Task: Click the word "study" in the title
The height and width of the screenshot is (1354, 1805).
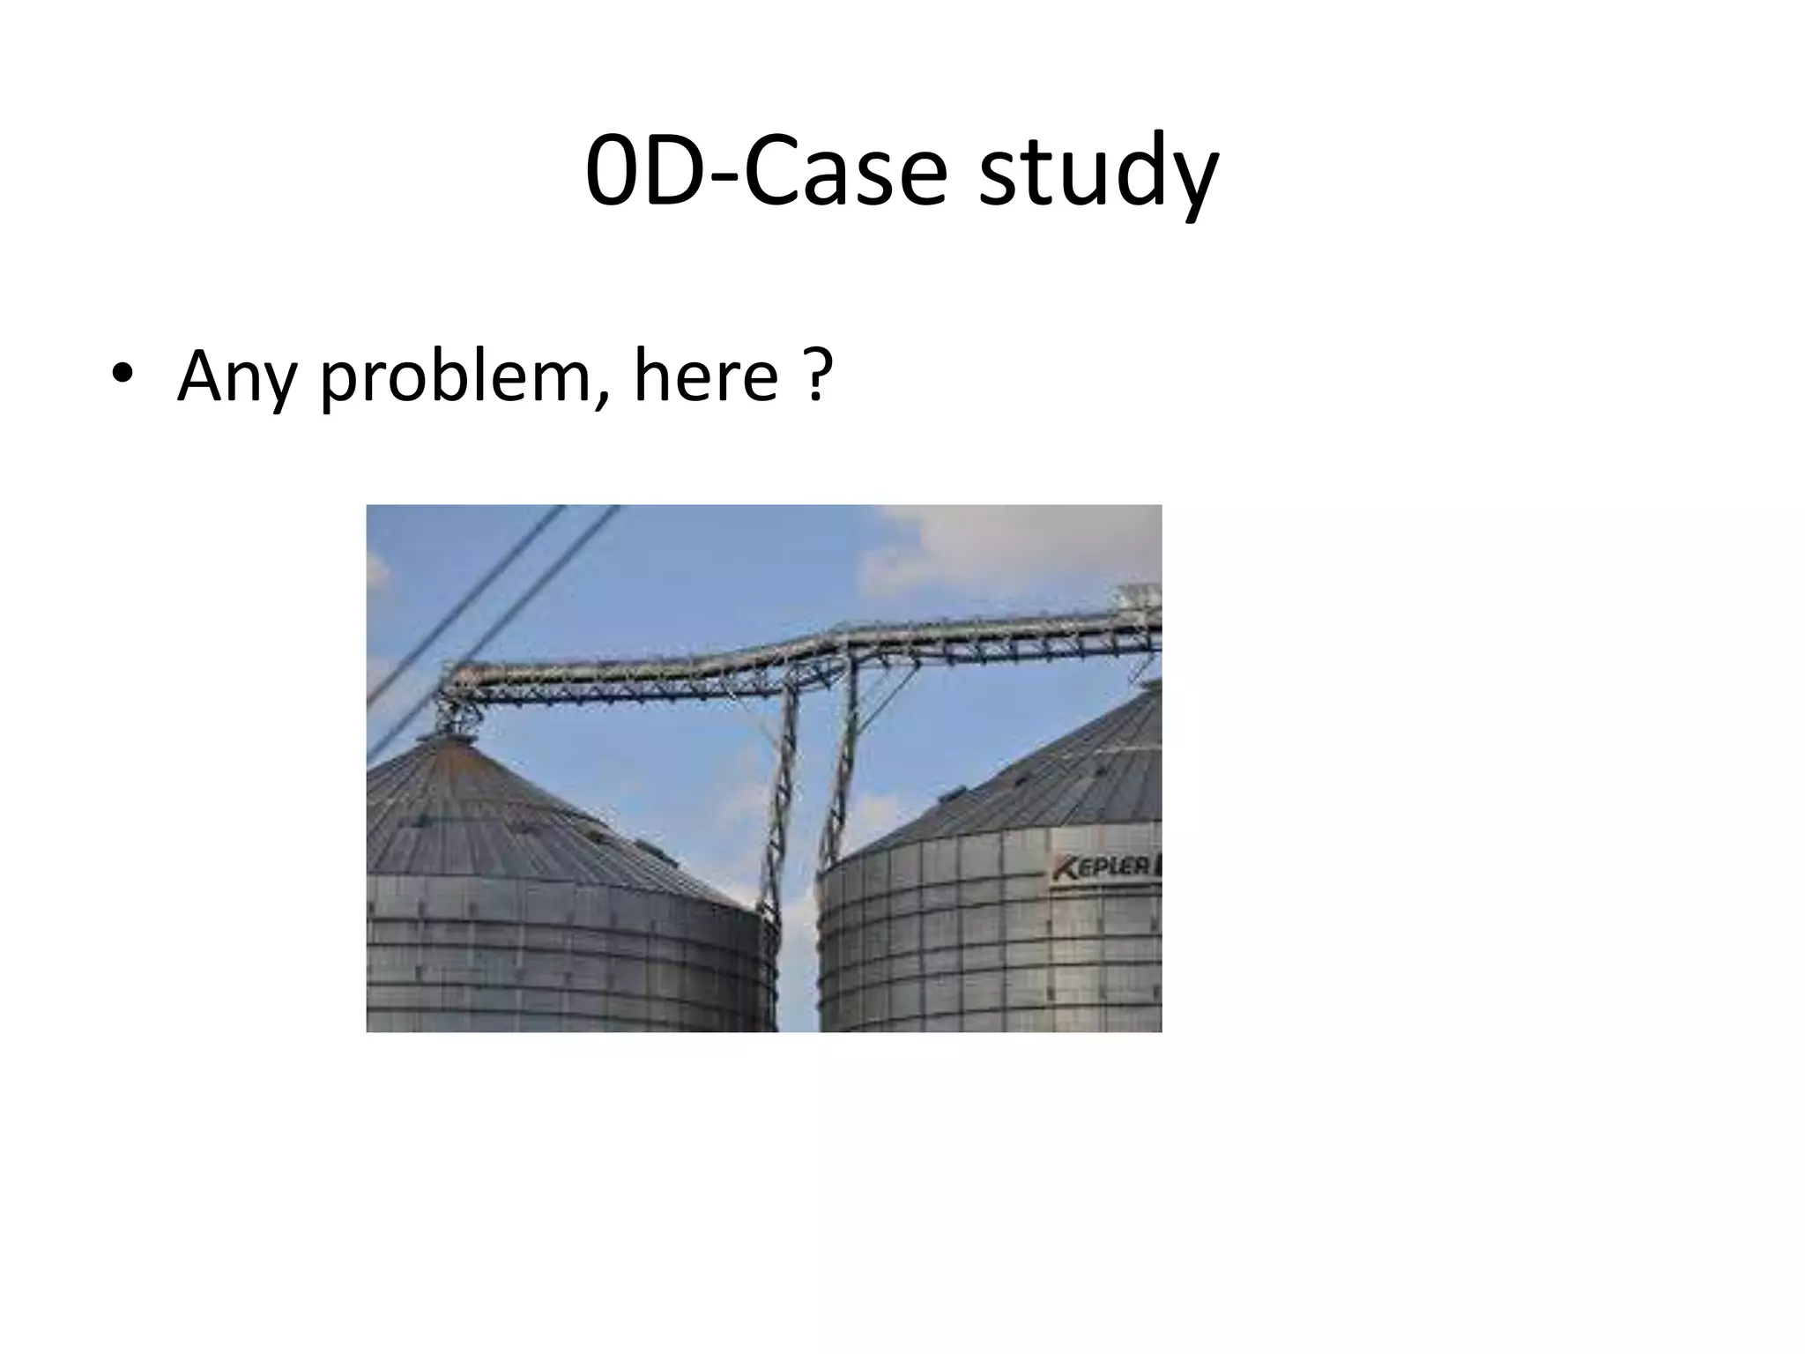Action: coord(1098,172)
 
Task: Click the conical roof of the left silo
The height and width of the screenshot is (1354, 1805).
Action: coord(511,820)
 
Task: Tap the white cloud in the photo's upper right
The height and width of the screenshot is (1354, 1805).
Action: coord(1014,547)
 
